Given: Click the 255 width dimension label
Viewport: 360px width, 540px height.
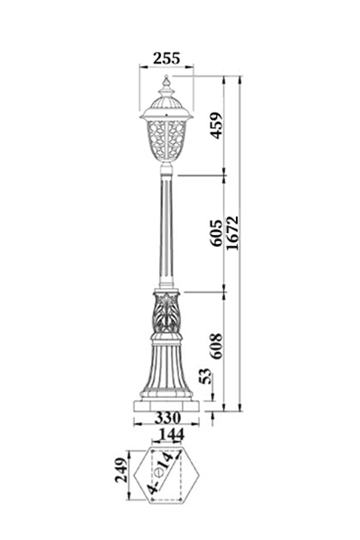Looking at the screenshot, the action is point(166,58).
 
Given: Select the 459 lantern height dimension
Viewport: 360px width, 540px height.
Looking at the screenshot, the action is point(217,125).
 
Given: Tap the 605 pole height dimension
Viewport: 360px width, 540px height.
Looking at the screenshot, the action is point(217,232).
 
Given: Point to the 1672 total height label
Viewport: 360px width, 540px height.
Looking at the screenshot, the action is point(232,233).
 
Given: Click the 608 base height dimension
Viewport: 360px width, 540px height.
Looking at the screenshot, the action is point(217,346).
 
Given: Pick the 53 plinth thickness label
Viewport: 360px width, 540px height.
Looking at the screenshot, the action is point(205,375).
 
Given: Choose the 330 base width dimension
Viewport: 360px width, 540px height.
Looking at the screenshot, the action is point(167,418).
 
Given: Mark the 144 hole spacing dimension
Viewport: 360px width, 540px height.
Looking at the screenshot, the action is point(170,435).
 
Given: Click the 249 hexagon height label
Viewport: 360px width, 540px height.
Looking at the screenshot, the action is point(121,470).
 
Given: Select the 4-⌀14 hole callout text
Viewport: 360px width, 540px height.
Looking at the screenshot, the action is point(160,472).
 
